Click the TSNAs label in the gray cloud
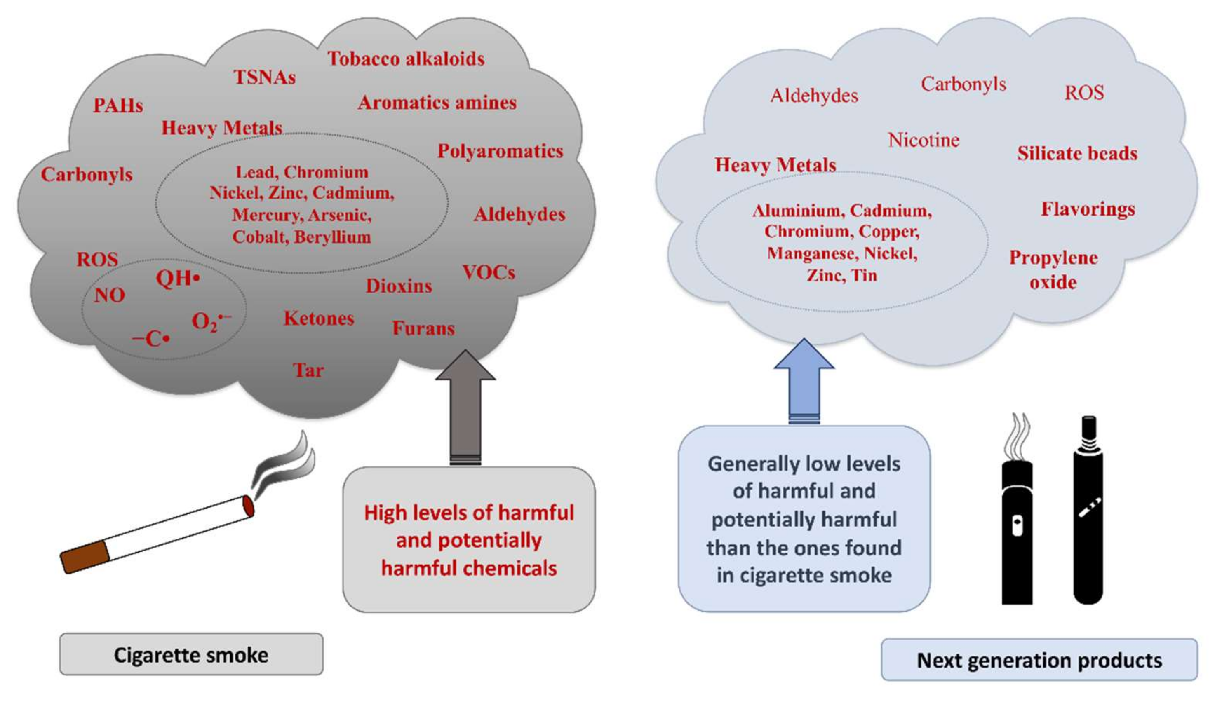pyautogui.click(x=264, y=77)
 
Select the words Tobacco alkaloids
pyautogui.click(x=406, y=59)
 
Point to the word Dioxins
pyautogui.click(x=399, y=286)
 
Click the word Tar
pyautogui.click(x=308, y=370)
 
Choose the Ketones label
pyautogui.click(x=319, y=318)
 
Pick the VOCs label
pyautogui.click(x=489, y=273)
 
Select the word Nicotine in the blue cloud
pyautogui.click(x=924, y=140)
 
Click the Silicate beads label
pyautogui.click(x=1077, y=154)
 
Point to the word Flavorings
pyautogui.click(x=1088, y=209)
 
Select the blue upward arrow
pyautogui.click(x=804, y=382)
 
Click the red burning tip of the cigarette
pyautogui.click(x=248, y=506)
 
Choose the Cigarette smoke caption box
pyautogui.click(x=191, y=655)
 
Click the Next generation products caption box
pyautogui.click(x=1039, y=660)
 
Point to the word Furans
pyautogui.click(x=423, y=328)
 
